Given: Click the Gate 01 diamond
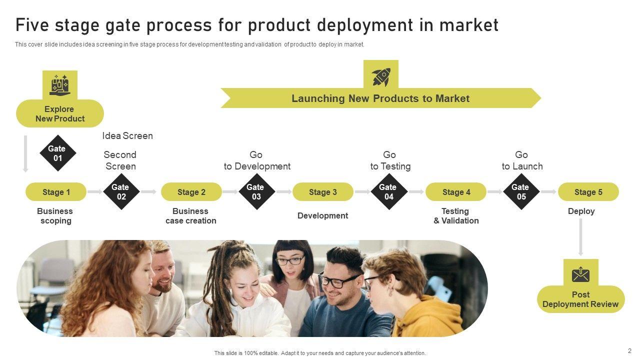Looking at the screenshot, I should (x=57, y=153).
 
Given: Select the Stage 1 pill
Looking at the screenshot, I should (x=56, y=192).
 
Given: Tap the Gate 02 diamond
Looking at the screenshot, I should (x=121, y=192).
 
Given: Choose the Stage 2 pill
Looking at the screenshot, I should (x=191, y=192).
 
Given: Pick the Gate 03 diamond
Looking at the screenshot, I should (x=256, y=192).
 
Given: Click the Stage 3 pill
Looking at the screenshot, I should (x=323, y=192).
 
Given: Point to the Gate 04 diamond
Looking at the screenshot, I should (x=388, y=192).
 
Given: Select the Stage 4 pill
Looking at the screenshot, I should (x=456, y=192).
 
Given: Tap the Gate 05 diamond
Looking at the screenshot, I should (x=521, y=192).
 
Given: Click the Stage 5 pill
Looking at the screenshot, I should (x=588, y=192).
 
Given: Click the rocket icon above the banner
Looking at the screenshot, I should (x=381, y=76).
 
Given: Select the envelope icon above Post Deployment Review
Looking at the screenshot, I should (x=580, y=274).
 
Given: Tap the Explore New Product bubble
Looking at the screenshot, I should (x=60, y=114).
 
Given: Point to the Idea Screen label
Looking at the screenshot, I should (x=127, y=136).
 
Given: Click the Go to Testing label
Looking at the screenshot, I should (x=390, y=160).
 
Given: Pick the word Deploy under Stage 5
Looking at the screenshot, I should (x=581, y=211).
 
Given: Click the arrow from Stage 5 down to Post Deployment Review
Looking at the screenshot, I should (x=580, y=237).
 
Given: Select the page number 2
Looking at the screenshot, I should (x=629, y=351).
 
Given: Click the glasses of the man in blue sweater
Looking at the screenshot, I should (x=338, y=281).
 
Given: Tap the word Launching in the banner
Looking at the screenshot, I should (x=318, y=98).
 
